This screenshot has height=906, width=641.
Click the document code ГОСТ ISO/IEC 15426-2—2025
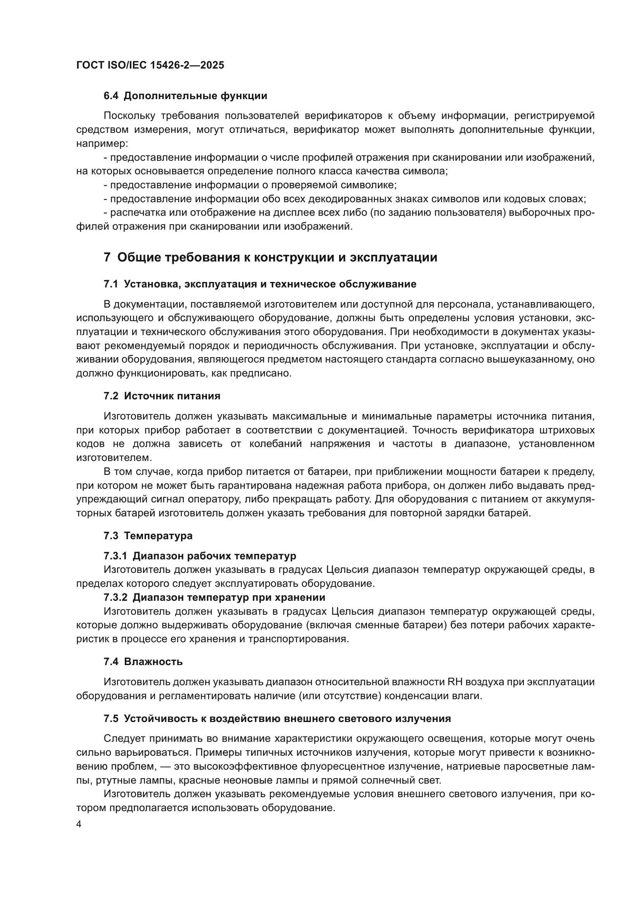coord(150,65)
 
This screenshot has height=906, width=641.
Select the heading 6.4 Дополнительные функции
coord(185,96)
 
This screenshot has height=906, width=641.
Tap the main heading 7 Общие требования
coord(271,257)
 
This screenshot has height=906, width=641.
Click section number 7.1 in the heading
coord(111,284)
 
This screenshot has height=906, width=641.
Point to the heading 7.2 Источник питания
coord(162,396)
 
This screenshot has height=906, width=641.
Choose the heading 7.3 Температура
coord(148,536)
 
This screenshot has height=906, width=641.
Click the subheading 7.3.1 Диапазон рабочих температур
coord(200,556)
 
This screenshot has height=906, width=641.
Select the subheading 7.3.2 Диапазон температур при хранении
coord(214,597)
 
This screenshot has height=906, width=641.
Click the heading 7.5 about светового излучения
coord(277,719)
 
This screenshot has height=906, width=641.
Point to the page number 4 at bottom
coord(79,825)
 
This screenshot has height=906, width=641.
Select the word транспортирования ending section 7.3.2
coord(299,639)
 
